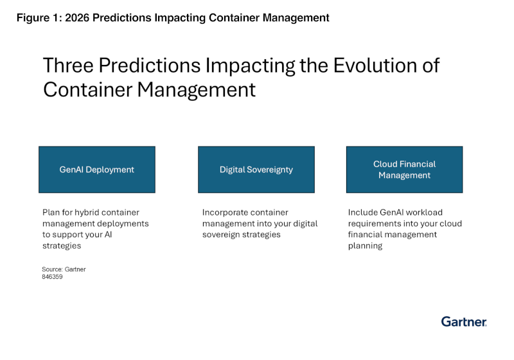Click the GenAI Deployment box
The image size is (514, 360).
tap(96, 170)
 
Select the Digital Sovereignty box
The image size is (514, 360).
tap(256, 170)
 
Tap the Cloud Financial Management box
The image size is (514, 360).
tap(404, 170)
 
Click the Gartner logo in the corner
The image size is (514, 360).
tap(463, 321)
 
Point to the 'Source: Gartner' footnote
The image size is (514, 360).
tap(64, 269)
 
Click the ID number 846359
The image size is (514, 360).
tap(52, 277)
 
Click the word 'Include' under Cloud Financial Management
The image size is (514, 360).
tap(363, 212)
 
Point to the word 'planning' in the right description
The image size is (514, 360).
tap(365, 246)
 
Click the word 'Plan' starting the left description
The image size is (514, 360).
tap(51, 212)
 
